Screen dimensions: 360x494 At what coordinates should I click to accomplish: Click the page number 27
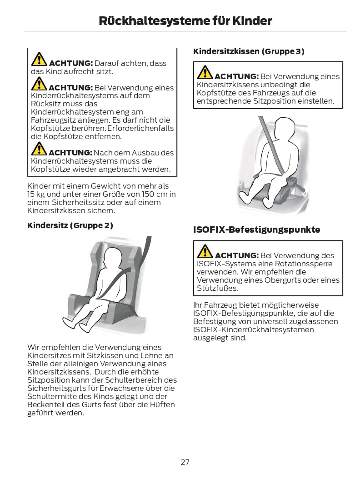click(x=185, y=462)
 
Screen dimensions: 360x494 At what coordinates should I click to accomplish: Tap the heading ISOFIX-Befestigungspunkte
click(x=257, y=230)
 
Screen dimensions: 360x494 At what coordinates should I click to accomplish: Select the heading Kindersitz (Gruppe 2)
click(x=70, y=225)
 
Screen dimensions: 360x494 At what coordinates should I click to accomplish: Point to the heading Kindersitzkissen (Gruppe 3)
click(x=249, y=51)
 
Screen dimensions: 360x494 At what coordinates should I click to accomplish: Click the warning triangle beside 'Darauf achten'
click(x=39, y=59)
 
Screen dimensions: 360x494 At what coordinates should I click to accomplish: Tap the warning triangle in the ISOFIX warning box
click(x=205, y=251)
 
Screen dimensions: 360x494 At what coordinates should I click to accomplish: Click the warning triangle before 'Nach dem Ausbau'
click(x=39, y=149)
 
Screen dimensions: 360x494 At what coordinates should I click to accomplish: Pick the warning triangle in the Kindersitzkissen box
click(x=205, y=72)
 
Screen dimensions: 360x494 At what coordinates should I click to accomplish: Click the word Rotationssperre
click(x=304, y=264)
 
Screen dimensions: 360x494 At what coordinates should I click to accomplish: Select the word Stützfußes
click(x=217, y=288)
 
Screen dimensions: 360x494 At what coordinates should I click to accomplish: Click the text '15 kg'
click(x=36, y=195)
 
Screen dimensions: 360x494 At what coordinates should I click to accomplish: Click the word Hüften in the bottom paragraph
click(x=163, y=404)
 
